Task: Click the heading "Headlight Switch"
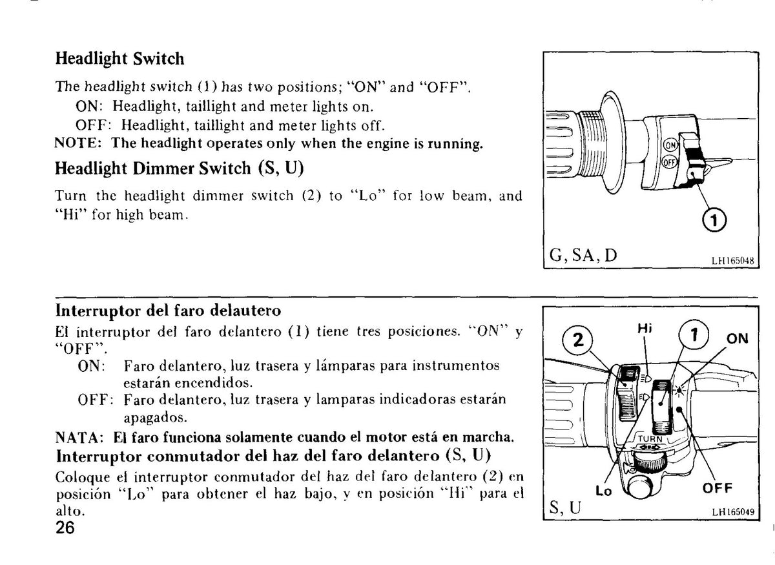[119, 59]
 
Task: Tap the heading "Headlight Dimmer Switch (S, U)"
[180, 169]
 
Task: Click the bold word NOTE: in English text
[78, 143]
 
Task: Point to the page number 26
[65, 528]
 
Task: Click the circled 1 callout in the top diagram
[714, 220]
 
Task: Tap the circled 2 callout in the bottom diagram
[578, 340]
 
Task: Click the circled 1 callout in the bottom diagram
[694, 334]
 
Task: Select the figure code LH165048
[733, 260]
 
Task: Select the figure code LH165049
[733, 511]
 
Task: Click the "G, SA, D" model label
[583, 255]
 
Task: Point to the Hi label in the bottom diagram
[645, 328]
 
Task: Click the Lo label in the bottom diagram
[604, 490]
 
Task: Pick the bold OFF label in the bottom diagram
[718, 488]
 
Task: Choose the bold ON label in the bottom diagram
[738, 338]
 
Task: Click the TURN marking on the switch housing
[650, 438]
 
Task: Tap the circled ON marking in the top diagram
[670, 145]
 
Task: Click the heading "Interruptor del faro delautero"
[168, 311]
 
